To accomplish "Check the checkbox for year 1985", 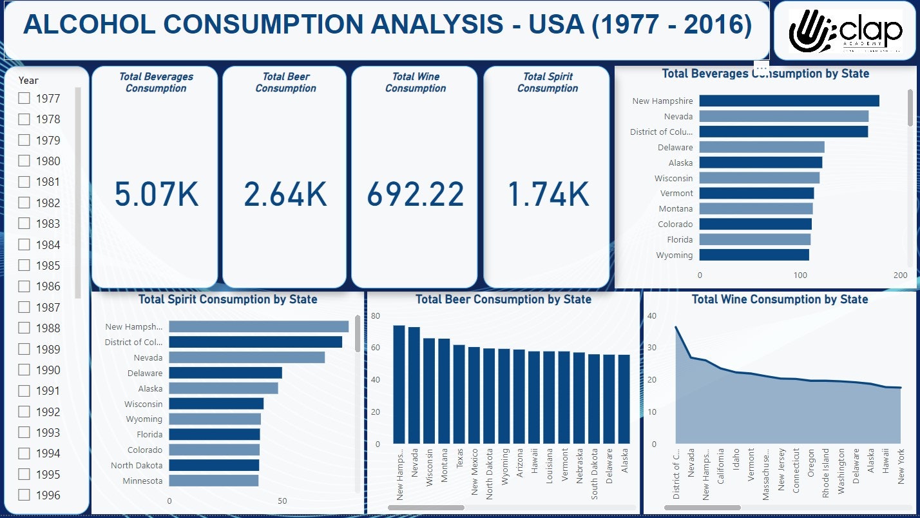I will coord(24,265).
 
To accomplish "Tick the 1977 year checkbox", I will coord(24,99).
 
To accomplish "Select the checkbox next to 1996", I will coord(24,495).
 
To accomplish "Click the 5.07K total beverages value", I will coord(157,194).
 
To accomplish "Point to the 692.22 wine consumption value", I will coord(416,194).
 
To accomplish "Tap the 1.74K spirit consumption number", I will coord(548,194).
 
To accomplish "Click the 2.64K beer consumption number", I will coord(285,194).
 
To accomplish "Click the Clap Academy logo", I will coord(846,31).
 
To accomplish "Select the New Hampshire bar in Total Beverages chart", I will coord(789,101).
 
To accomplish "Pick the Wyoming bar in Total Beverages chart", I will coord(754,255).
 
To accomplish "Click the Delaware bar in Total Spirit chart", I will coord(225,373).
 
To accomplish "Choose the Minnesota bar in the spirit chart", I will coord(213,481).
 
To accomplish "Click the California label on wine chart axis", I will coord(721,466).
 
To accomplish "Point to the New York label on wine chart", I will coord(901,466).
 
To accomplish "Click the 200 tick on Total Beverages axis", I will coord(901,275).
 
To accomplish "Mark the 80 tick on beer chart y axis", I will coord(375,315).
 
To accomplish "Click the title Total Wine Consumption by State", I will coord(780,299).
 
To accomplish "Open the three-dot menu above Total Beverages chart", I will coord(761,68).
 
